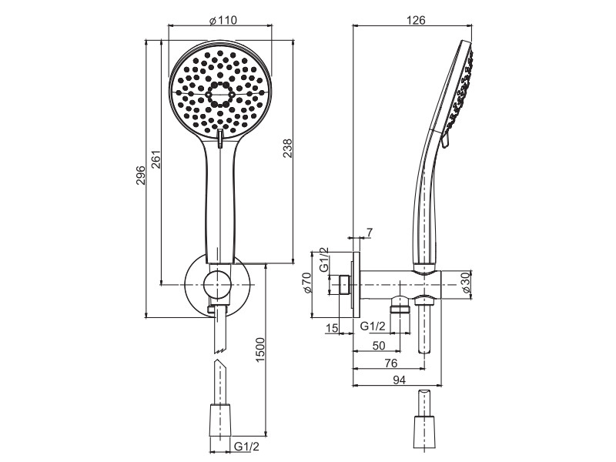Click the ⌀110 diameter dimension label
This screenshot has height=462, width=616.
[x=223, y=20]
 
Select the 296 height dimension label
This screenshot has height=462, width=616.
[x=141, y=176]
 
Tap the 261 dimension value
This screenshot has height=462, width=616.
[x=156, y=159]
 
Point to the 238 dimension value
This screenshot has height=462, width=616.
[x=288, y=148]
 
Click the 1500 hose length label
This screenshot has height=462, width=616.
[x=260, y=350]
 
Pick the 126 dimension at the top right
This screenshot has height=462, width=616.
[x=416, y=20]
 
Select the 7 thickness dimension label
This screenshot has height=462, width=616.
[x=369, y=233]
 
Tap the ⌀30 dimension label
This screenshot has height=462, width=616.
[x=467, y=283]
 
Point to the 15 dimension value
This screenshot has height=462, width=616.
[x=332, y=328]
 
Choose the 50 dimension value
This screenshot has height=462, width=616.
[x=378, y=346]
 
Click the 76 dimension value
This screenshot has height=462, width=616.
[x=391, y=363]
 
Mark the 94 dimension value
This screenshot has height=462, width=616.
[x=399, y=380]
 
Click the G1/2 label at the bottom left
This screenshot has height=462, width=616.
[x=246, y=447]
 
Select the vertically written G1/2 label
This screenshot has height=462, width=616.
[x=323, y=259]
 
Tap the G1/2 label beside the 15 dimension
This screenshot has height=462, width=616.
[x=373, y=326]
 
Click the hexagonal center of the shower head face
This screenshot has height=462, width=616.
[x=220, y=94]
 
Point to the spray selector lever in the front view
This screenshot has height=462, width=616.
[x=220, y=139]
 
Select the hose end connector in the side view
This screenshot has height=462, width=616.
[x=424, y=432]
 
